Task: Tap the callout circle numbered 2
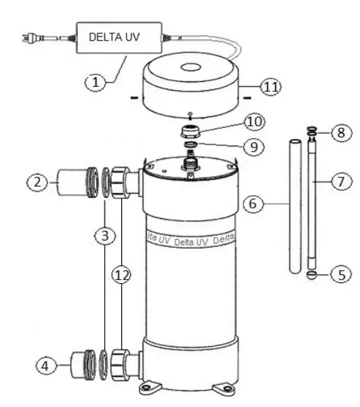(x=38, y=182)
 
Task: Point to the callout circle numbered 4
(x=45, y=367)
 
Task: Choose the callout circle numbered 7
(x=342, y=182)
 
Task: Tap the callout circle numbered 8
(x=341, y=133)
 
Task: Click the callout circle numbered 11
(x=271, y=86)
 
